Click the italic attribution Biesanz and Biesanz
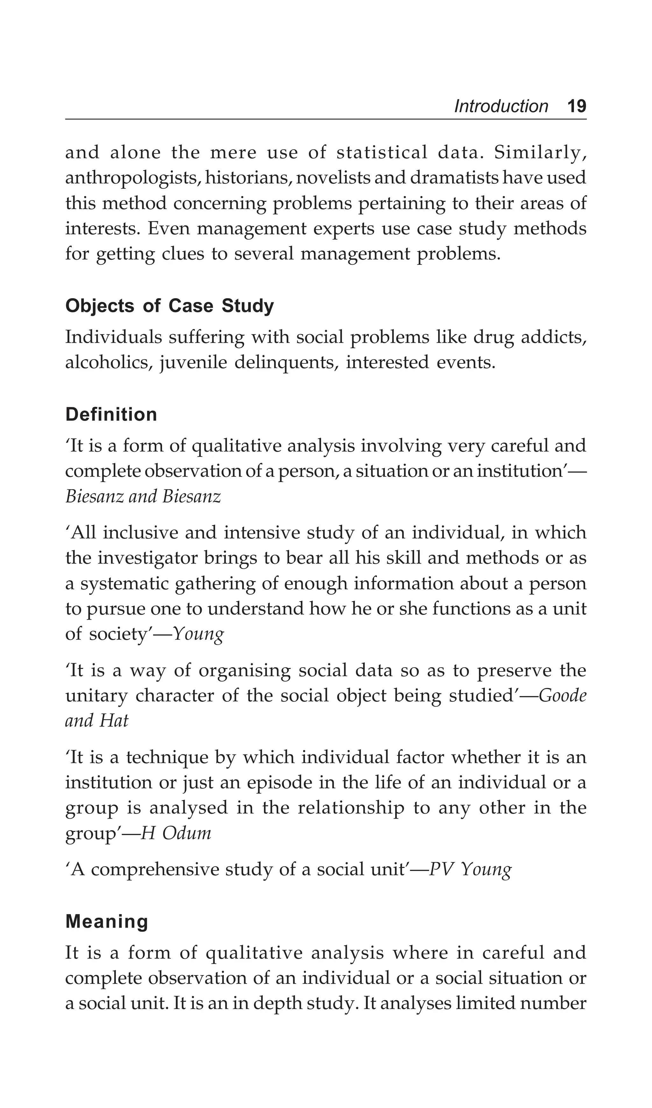[143, 496]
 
